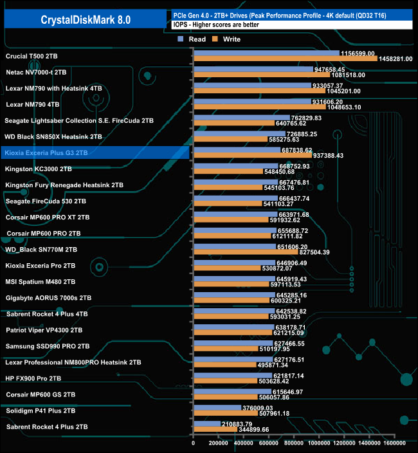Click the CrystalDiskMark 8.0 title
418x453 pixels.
coord(86,20)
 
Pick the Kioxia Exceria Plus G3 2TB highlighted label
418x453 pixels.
coord(46,153)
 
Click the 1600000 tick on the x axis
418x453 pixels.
coord(394,443)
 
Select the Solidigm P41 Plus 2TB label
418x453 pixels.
coord(41,411)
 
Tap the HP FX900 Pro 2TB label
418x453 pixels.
coord(33,378)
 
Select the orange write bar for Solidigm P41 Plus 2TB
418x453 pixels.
coord(225,413)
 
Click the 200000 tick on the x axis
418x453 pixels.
coord(219,443)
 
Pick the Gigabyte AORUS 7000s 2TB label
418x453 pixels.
coord(48,298)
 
